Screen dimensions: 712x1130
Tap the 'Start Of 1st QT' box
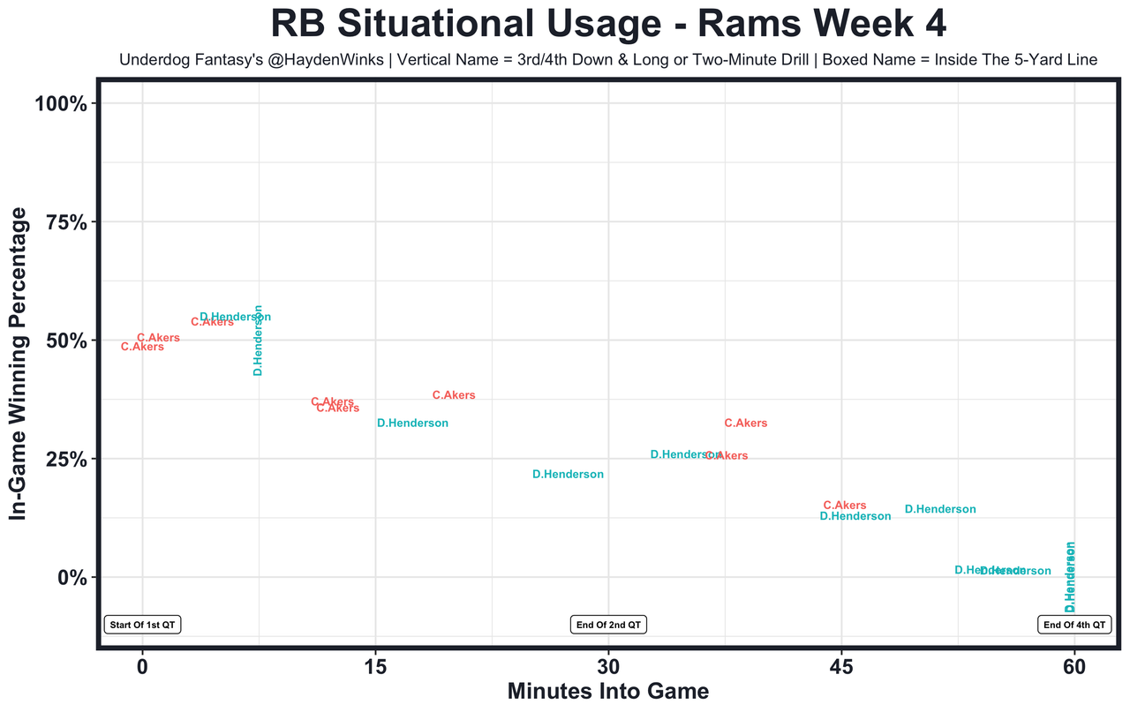point(143,625)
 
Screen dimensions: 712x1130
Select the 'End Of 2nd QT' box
point(608,625)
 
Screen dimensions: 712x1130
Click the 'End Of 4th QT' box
point(1073,625)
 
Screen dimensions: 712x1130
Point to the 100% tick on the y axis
point(61,104)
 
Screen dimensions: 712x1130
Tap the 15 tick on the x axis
point(375,668)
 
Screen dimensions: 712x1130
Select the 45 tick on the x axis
point(841,668)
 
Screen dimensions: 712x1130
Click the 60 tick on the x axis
point(1074,668)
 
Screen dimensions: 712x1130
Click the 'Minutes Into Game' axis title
point(607,692)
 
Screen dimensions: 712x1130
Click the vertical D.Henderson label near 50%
point(258,341)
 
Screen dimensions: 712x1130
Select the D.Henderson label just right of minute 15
point(412,423)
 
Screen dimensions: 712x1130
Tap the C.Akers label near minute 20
point(454,395)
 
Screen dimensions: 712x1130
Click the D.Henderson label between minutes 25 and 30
point(568,475)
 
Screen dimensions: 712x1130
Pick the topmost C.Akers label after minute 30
point(746,423)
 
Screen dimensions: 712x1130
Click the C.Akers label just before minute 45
point(845,506)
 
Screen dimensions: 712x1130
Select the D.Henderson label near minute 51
point(940,509)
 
